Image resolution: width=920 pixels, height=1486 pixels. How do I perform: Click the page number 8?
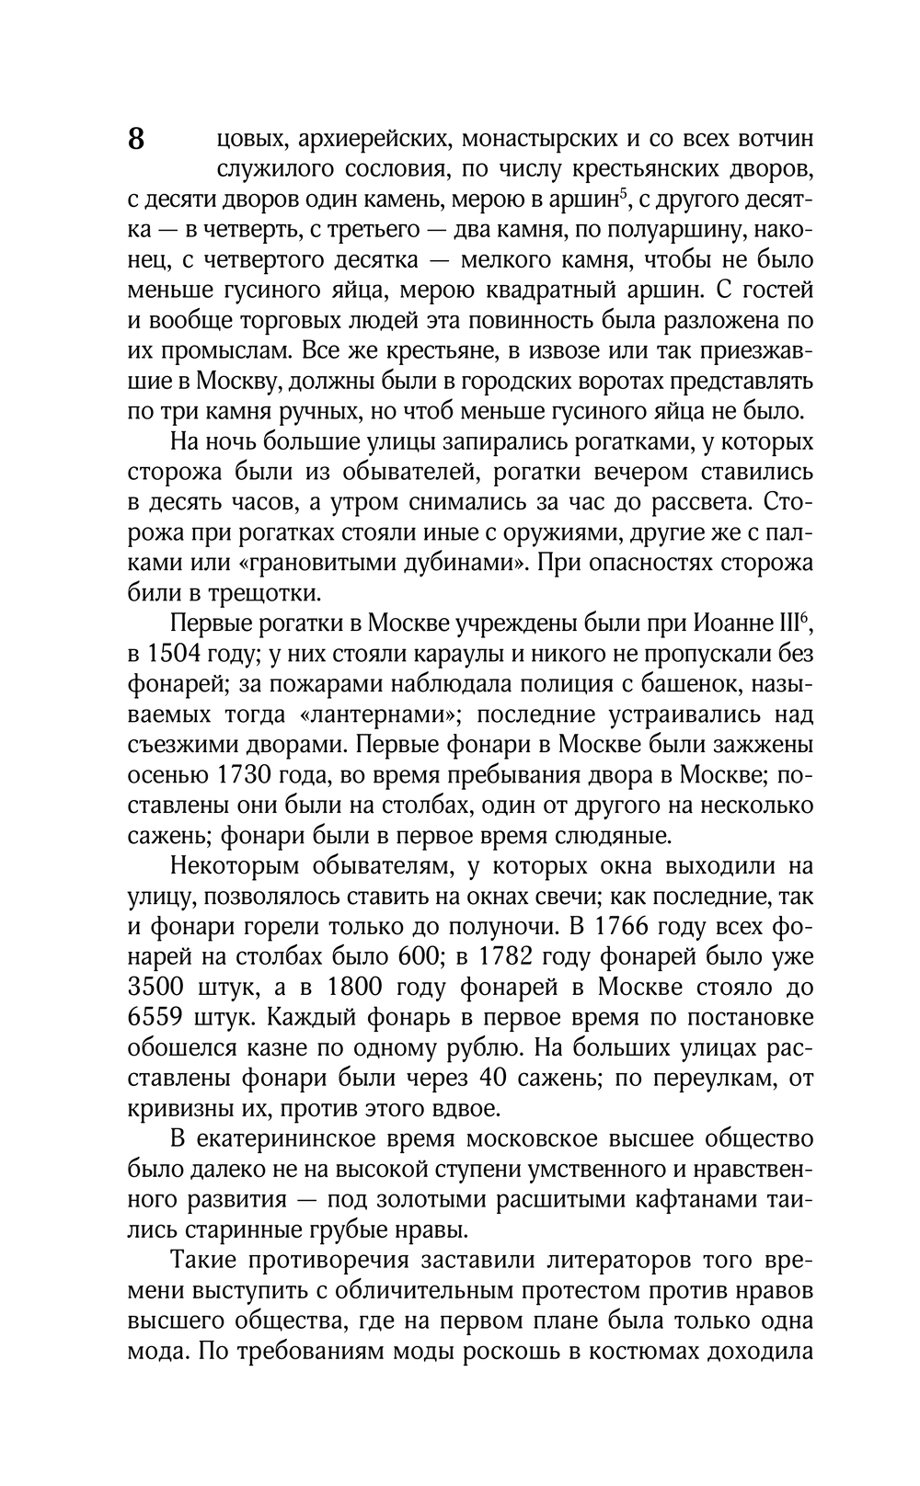(x=135, y=140)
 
